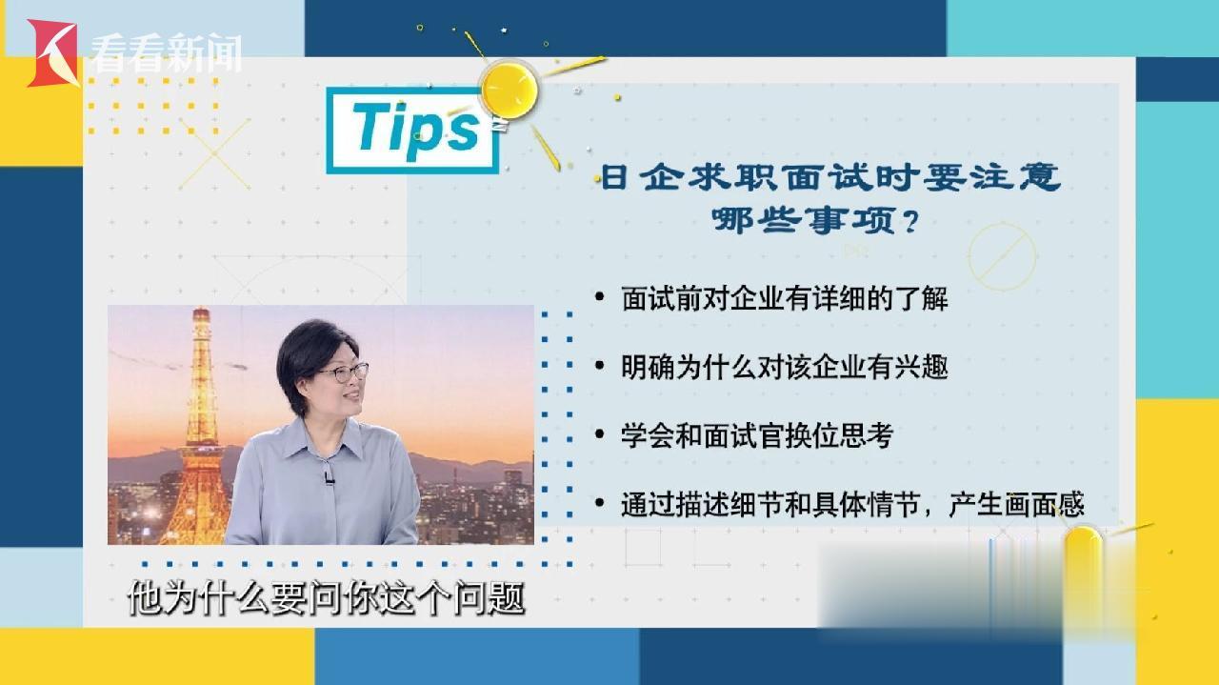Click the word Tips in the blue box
pyautogui.click(x=417, y=127)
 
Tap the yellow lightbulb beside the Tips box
pyautogui.click(x=509, y=91)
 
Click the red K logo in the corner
pyautogui.click(x=52, y=53)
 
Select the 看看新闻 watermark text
pyautogui.click(x=166, y=52)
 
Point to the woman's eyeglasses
pyautogui.click(x=344, y=373)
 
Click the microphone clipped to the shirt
pyautogui.click(x=329, y=478)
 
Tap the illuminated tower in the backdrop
pyautogui.click(x=199, y=426)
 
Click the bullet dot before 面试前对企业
pyautogui.click(x=600, y=297)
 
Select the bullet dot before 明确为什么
pyautogui.click(x=600, y=366)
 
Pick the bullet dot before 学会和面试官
pyautogui.click(x=600, y=434)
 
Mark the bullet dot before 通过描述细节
pyautogui.click(x=600, y=503)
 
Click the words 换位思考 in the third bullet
pyautogui.click(x=839, y=435)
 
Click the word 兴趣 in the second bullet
pyautogui.click(x=921, y=367)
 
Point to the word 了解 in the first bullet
pyautogui.click(x=921, y=298)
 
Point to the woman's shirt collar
pyautogui.click(x=327, y=435)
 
